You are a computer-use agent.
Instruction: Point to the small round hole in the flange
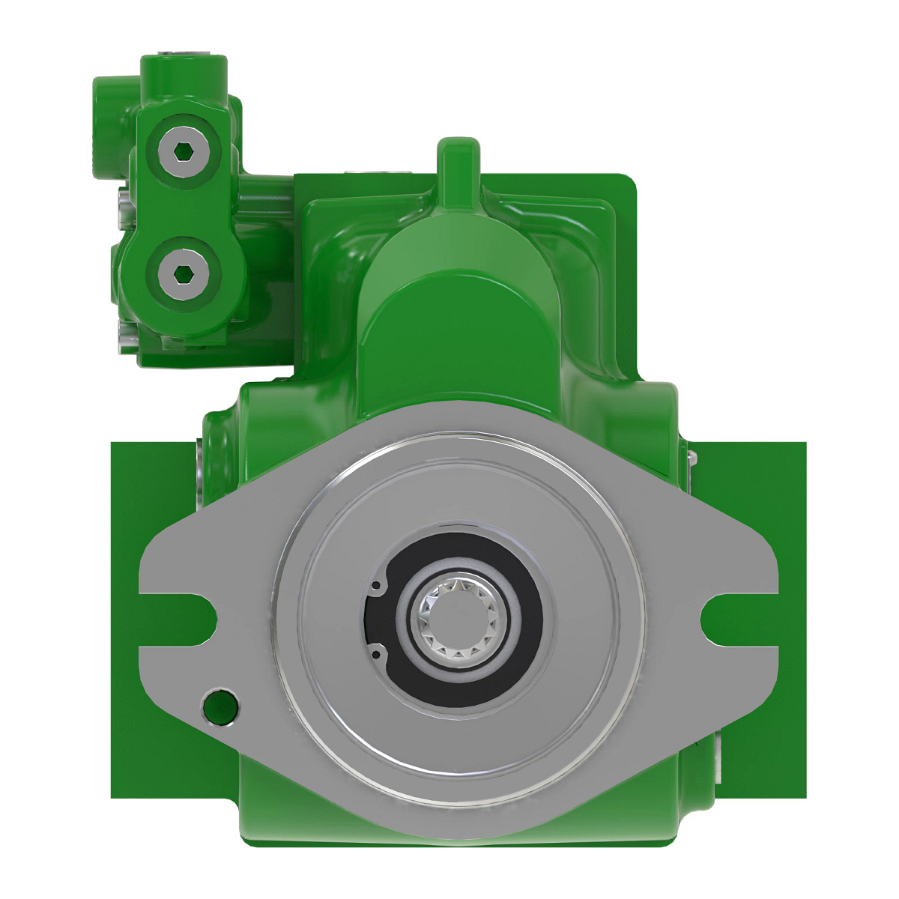tap(220, 706)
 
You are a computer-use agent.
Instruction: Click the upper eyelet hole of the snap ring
tap(378, 585)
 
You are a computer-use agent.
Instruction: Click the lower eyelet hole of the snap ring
tap(376, 654)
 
